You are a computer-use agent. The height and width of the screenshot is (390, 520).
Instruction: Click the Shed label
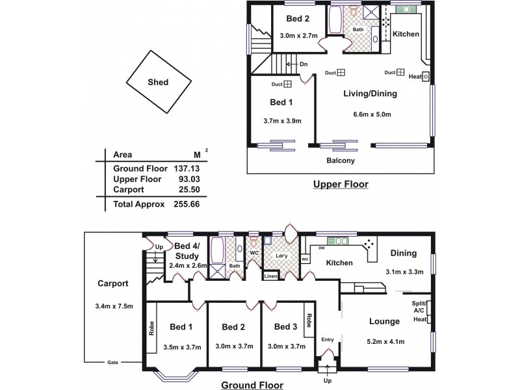pos(158,82)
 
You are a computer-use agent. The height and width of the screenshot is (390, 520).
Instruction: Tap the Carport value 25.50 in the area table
pos(187,190)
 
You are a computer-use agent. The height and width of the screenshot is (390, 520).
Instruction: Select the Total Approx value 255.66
pos(187,204)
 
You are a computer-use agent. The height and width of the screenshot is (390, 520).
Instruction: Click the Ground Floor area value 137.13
pos(187,168)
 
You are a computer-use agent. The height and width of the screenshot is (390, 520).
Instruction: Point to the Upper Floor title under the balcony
pos(341,184)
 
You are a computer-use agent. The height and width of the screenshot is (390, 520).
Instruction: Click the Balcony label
pos(341,161)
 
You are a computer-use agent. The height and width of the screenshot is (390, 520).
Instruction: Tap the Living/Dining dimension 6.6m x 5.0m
pos(372,114)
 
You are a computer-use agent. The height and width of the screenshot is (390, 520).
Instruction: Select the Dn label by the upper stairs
pos(304,64)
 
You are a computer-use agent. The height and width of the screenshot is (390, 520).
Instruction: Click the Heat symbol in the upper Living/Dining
pos(426,77)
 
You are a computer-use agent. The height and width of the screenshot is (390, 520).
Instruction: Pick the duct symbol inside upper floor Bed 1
pos(287,84)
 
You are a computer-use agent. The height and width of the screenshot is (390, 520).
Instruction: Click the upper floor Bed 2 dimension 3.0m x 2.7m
pos(298,36)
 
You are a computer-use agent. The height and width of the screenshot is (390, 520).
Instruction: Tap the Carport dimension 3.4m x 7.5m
pos(114,306)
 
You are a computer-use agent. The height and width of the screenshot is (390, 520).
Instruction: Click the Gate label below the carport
pos(112,363)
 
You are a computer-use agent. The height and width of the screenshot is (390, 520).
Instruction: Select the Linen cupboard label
pos(270,276)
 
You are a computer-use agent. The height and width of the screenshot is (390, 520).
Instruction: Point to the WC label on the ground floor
pos(254,253)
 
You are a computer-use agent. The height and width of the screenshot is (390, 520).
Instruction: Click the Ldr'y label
pos(281,256)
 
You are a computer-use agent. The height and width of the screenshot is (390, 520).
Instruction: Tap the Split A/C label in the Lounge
pos(418,307)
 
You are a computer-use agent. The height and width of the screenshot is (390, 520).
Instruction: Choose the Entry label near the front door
pos(328,339)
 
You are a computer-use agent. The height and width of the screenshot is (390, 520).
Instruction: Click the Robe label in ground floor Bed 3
pos(309,320)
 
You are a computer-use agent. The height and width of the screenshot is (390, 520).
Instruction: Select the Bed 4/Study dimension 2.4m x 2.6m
pos(188,266)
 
